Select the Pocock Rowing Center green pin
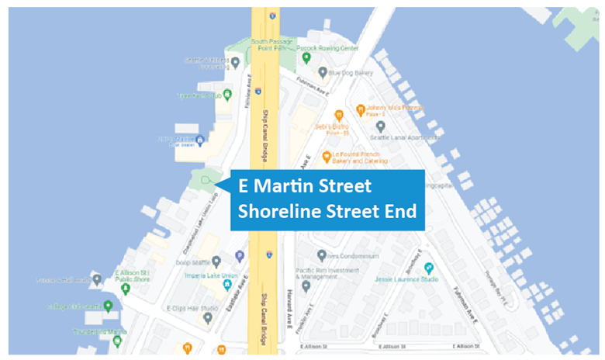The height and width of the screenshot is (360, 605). point(306,57)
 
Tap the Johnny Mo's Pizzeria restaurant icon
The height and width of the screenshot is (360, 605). point(360,109)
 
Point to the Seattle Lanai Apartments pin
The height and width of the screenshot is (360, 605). point(379,126)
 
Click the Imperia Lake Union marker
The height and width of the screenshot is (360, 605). point(227,284)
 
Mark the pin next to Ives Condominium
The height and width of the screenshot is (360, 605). point(321,254)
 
